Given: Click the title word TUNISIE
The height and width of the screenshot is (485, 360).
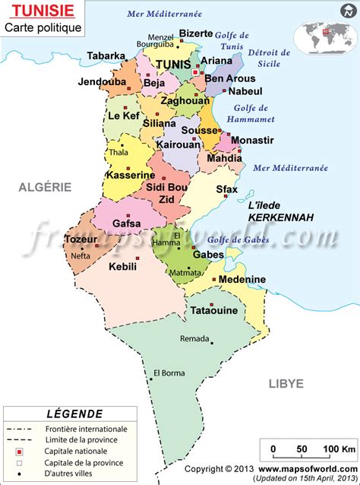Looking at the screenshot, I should point(36,11).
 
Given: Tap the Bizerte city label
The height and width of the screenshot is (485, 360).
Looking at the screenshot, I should point(196,33).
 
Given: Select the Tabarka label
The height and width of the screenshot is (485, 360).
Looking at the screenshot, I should point(106,55).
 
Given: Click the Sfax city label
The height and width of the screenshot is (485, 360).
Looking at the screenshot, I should point(226,189).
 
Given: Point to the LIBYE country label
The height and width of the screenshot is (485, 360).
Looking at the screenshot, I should point(286,383).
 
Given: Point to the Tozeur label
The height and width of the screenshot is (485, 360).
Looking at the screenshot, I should point(81,239).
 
